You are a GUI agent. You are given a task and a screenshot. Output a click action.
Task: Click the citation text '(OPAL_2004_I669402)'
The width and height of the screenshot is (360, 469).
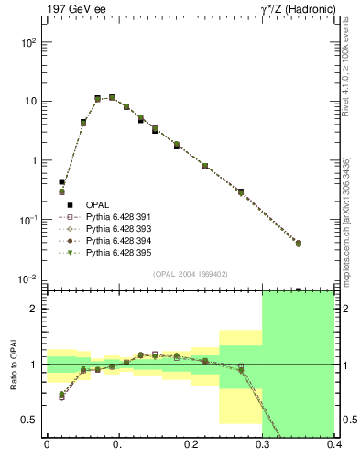click(191, 273)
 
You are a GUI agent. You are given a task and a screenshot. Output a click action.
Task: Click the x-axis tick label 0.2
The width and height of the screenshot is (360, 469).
click(191, 448)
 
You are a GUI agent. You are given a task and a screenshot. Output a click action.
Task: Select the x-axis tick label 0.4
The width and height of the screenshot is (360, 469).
click(335, 448)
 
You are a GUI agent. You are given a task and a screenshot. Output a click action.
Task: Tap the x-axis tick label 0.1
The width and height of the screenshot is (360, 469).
click(118, 448)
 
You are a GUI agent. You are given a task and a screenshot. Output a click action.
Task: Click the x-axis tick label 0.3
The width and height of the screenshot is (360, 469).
click(263, 448)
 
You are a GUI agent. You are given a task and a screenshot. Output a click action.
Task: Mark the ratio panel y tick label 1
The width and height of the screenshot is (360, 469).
click(36, 365)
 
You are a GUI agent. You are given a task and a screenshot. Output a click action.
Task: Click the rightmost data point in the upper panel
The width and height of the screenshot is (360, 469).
click(324, 244)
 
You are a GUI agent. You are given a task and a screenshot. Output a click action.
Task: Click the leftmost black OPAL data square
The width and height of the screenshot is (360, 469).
click(61, 182)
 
